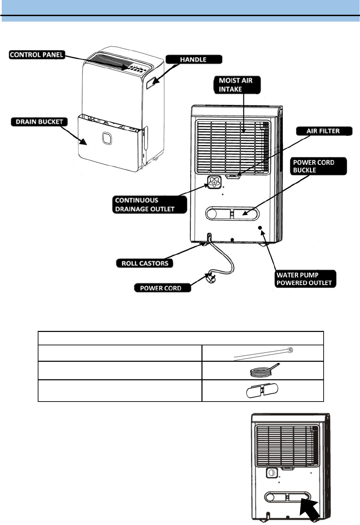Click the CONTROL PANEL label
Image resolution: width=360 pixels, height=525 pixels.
36,55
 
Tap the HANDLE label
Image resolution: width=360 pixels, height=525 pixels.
194,60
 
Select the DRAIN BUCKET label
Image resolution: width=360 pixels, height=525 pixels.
39,122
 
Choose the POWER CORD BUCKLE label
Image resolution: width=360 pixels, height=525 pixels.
318,166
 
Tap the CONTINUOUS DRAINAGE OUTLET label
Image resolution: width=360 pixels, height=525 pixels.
149,205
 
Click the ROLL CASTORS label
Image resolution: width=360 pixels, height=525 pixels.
145,263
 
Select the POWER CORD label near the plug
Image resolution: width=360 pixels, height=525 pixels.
161,288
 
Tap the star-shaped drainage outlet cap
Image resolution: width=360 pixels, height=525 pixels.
214,182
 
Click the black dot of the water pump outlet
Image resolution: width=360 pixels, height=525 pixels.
260,228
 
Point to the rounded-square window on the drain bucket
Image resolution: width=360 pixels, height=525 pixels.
107,138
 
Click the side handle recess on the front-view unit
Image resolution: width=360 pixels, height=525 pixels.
151,83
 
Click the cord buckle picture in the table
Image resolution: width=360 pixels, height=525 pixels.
262,391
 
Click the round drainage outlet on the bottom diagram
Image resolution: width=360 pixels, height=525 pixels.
271,473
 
